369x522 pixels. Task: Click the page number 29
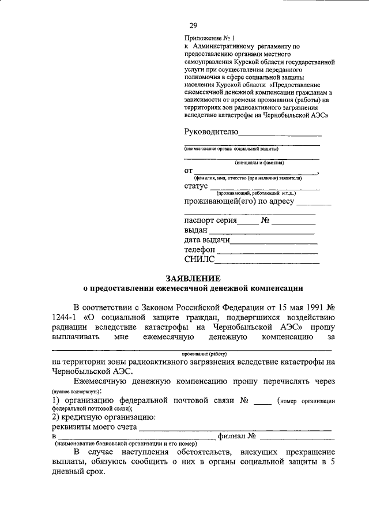(x=193, y=25)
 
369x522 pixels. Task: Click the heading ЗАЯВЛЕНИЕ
(x=193, y=277)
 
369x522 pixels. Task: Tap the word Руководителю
(x=212, y=132)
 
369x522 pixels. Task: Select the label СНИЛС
(x=199, y=260)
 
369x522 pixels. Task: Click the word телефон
(x=199, y=250)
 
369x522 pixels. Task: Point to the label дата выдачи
(x=208, y=240)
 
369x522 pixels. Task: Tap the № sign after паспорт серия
(x=265, y=220)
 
